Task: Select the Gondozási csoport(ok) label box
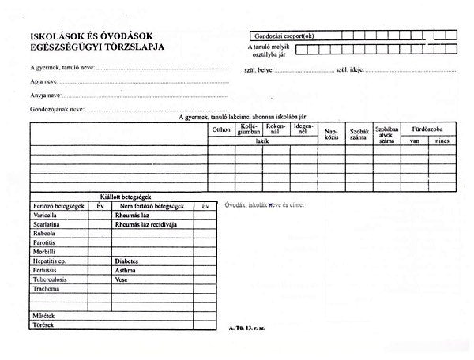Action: click(287, 36)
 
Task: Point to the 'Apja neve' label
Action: click(44, 81)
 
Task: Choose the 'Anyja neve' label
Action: click(47, 95)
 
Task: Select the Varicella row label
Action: click(47, 214)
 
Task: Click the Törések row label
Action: click(43, 324)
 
